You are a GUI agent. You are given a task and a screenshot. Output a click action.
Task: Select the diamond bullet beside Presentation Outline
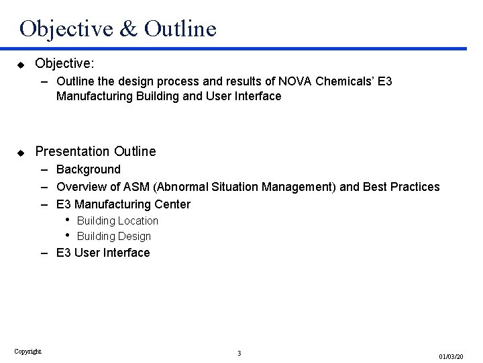(x=21, y=151)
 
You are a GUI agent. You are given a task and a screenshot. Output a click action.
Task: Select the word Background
(x=89, y=169)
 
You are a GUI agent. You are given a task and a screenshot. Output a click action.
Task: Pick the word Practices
(x=413, y=187)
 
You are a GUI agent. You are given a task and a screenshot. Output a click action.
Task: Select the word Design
(x=133, y=236)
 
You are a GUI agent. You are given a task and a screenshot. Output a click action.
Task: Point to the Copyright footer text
(x=28, y=350)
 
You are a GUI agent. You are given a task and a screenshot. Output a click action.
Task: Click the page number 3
(x=239, y=353)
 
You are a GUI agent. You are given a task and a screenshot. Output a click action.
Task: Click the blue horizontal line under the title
(x=241, y=48)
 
